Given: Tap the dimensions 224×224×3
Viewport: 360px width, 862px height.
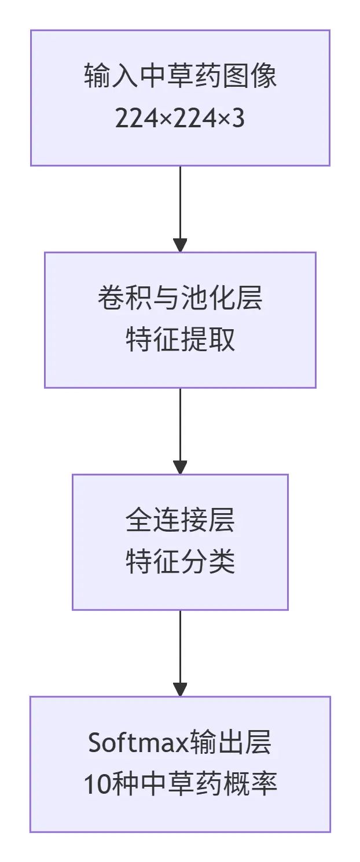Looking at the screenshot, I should (x=180, y=119).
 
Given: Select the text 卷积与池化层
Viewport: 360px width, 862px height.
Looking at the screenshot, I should (x=180, y=299).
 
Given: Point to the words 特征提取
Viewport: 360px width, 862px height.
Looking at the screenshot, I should (x=180, y=341).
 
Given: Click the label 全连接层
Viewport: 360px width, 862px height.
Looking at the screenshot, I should (x=180, y=521).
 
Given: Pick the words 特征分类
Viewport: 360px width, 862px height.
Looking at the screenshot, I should (x=180, y=562).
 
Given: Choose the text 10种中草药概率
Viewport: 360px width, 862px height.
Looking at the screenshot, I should (x=180, y=785).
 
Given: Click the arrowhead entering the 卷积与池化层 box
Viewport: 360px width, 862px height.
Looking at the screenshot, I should (x=180, y=245).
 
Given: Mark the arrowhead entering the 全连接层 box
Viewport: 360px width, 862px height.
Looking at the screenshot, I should (x=180, y=467).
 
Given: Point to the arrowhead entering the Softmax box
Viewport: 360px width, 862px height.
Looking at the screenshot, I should (x=180, y=690).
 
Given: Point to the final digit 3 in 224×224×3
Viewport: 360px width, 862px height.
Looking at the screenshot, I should (x=238, y=119).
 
